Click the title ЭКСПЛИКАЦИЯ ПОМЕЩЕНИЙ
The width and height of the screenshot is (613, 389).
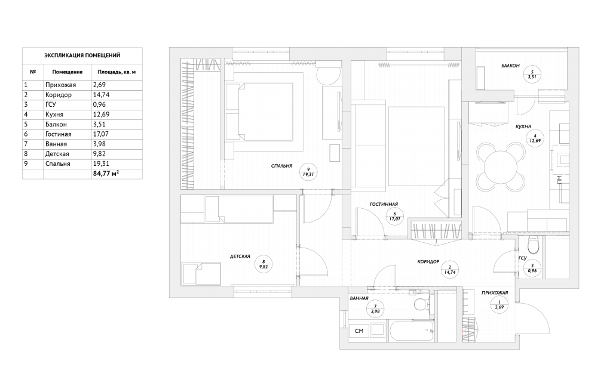[x=82, y=55]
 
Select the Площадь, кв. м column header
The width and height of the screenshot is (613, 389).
[x=117, y=72]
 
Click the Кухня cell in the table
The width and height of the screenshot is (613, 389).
[x=54, y=115]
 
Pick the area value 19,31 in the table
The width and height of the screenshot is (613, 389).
[x=101, y=163]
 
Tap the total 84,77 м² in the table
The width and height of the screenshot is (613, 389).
[x=106, y=174]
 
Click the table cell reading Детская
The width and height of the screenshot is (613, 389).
[x=57, y=154]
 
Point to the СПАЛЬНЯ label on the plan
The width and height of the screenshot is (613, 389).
[x=282, y=166]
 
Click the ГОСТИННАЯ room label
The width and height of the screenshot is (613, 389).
[x=384, y=204]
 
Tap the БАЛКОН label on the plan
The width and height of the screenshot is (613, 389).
[x=511, y=66]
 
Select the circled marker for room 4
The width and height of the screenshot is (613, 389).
[x=535, y=138]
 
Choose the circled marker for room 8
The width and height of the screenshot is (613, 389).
[x=263, y=265]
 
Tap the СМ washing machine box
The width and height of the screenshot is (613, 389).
[x=359, y=331]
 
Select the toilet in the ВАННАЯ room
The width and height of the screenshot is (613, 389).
[x=421, y=303]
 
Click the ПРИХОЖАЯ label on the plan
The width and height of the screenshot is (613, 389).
[x=495, y=292]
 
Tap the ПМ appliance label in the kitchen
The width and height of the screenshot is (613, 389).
[x=559, y=179]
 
